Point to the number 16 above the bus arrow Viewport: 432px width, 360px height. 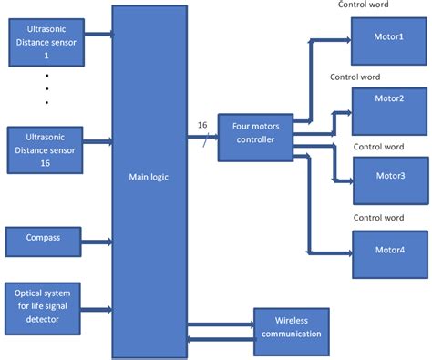[202, 125]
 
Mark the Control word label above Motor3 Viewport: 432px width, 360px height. [378, 147]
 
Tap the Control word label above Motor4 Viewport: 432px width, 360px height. [378, 218]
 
